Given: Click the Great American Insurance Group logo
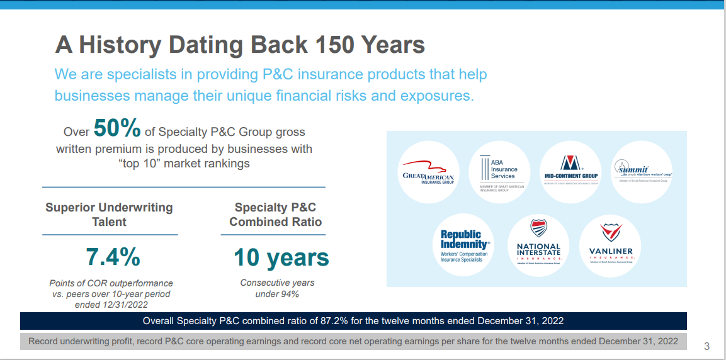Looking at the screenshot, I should pos(428,172).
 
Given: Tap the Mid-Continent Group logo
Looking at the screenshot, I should pos(571,172).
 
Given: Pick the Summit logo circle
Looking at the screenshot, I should pos(643,172).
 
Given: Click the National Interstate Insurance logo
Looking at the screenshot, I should pos(538,246).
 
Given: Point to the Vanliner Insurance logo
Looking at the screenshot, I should pos(610,246).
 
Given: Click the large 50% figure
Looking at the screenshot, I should pos(117,128).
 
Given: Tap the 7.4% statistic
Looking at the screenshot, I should pos(113,257).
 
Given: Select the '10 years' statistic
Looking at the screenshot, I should pos(281,257).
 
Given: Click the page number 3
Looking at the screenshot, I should pos(706,347).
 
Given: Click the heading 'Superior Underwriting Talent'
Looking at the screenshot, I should pos(109,215).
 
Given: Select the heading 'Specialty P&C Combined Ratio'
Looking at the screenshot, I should pos(275,215).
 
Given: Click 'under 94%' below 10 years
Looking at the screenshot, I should pos(277,294).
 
